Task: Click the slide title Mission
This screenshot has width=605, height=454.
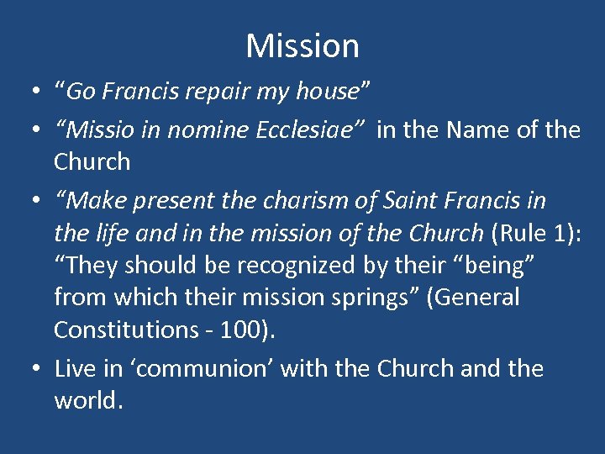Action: coord(302,45)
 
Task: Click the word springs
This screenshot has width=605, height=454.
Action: coord(378,297)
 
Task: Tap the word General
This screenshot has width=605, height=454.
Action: coord(478,297)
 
